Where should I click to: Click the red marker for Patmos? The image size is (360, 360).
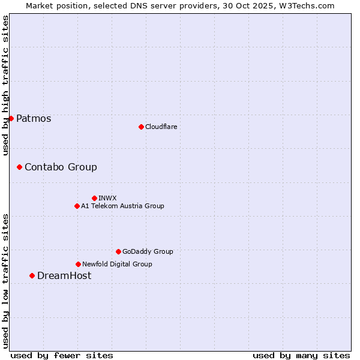pyautogui.click(x=11, y=118)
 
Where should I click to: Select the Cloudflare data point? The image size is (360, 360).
pyautogui.click(x=141, y=127)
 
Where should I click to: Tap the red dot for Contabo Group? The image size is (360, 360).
pyautogui.click(x=19, y=167)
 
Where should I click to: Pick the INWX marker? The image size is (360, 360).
pyautogui.click(x=94, y=198)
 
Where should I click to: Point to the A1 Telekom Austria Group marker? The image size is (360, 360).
pyautogui.click(x=77, y=206)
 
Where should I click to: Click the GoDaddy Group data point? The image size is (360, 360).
pyautogui.click(x=118, y=251)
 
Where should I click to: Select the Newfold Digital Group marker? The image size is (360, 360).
pyautogui.click(x=78, y=264)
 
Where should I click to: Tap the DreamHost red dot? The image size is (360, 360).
pyautogui.click(x=32, y=275)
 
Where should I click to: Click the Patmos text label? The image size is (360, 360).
pyautogui.click(x=34, y=119)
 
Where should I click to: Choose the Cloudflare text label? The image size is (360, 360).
pyautogui.click(x=161, y=127)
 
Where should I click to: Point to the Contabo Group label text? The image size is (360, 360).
pyautogui.click(x=61, y=167)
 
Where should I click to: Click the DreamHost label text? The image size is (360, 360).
pyautogui.click(x=64, y=276)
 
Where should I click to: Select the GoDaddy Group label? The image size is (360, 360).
pyautogui.click(x=148, y=252)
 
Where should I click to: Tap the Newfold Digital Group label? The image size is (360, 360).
pyautogui.click(x=117, y=264)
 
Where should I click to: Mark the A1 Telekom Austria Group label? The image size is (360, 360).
pyautogui.click(x=122, y=206)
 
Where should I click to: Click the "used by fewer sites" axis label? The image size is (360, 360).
pyautogui.click(x=62, y=355)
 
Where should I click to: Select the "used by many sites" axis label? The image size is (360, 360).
pyautogui.click(x=301, y=355)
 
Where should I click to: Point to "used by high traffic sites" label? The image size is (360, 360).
pyautogui.click(x=5, y=85)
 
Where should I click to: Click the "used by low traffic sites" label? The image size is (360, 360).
pyautogui.click(x=5, y=281)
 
